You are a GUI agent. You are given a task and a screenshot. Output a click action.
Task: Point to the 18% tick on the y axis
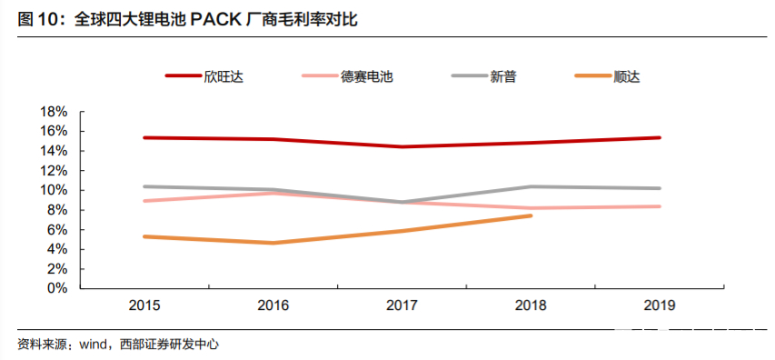point(54,111)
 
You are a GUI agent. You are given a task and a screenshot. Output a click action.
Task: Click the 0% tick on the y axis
point(57,288)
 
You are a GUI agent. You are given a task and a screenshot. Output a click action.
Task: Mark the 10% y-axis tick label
point(54,190)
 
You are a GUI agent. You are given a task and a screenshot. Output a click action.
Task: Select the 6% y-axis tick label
point(57,229)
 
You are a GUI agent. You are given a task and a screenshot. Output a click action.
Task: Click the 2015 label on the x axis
point(144,305)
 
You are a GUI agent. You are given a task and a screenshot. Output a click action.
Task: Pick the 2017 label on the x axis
point(402,305)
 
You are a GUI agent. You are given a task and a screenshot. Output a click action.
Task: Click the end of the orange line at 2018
point(531,215)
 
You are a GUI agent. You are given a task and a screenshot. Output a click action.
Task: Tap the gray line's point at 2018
point(531,186)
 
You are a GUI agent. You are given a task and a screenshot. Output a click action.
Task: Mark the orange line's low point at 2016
point(273,243)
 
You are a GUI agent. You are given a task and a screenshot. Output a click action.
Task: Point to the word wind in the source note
point(94,345)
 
